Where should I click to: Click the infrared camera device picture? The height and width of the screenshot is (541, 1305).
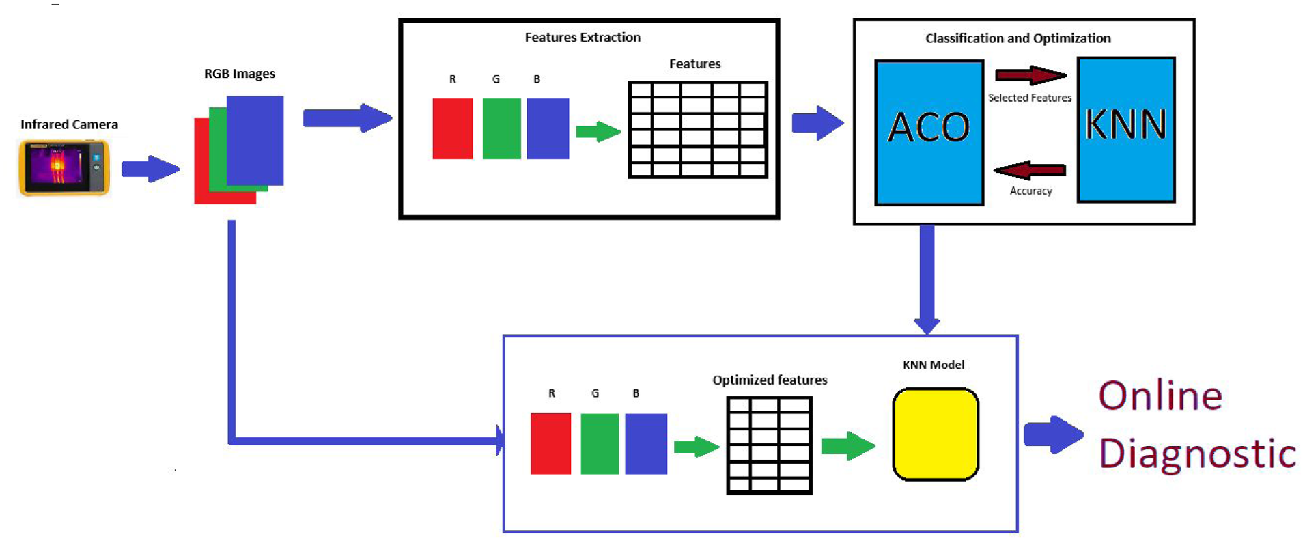(64, 168)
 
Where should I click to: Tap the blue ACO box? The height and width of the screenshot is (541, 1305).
(929, 133)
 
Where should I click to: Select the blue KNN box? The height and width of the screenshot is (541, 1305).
(1126, 130)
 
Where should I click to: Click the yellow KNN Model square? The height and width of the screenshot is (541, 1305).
(936, 434)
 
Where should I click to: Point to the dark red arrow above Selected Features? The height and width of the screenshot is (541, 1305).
(1030, 75)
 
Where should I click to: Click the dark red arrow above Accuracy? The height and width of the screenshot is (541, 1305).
(1030, 170)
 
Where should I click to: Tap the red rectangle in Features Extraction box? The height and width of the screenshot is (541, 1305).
(453, 129)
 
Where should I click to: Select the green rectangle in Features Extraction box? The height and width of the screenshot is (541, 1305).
(502, 129)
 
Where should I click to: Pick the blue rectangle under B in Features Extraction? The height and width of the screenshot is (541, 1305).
(548, 129)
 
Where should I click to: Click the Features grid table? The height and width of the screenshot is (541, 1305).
(698, 130)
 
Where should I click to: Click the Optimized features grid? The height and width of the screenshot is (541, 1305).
(770, 445)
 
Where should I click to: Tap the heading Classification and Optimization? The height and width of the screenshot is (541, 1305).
(1018, 38)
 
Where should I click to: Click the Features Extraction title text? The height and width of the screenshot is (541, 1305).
(583, 38)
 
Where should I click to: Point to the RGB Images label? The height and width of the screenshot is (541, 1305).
(240, 74)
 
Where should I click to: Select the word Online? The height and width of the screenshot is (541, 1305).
(1160, 396)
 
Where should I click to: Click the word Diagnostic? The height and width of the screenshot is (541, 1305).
(1198, 453)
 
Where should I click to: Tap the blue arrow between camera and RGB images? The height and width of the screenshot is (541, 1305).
(150, 169)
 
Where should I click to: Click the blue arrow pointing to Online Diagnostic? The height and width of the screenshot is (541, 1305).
(1054, 434)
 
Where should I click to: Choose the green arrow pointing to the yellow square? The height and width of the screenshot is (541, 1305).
(848, 446)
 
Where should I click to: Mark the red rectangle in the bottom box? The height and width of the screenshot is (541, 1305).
(551, 443)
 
